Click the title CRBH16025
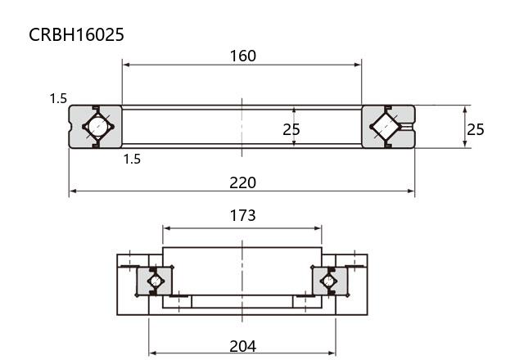[76, 34]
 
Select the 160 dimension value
[243, 56]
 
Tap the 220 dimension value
[242, 182]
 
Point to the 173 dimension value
[242, 215]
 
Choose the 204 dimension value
[242, 346]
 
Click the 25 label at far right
[475, 129]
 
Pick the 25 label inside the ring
[291, 129]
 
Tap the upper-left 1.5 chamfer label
[58, 98]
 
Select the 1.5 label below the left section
[132, 159]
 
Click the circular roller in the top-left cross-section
[98, 127]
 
